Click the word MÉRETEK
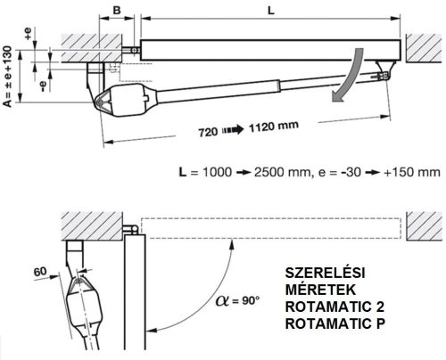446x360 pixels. [x=311, y=289]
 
